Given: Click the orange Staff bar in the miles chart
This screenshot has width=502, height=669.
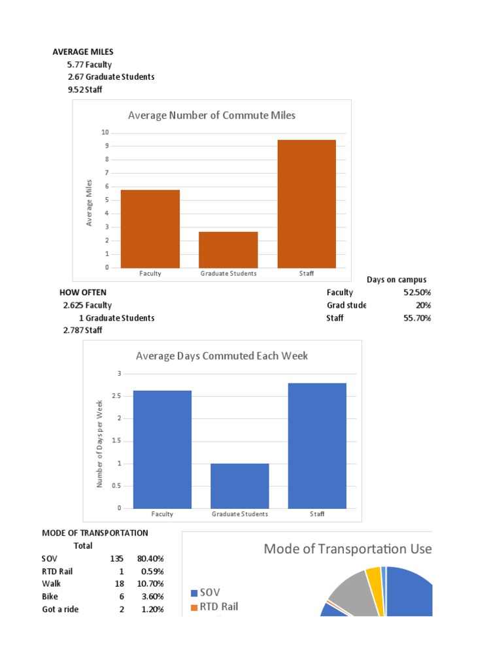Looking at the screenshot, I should pos(307,204).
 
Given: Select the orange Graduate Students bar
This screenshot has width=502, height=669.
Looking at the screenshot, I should pos(228,250).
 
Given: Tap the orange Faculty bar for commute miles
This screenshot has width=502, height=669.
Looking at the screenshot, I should pos(150,229).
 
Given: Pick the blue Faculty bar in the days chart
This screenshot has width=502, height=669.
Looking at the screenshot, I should pos(162,449).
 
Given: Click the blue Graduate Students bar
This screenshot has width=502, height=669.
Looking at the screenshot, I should pos(240,485).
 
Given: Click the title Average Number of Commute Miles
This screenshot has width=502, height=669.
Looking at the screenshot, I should pos(212,116).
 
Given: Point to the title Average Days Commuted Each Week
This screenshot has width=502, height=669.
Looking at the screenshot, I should pos(222,356).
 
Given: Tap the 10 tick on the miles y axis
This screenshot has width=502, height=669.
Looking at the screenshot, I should pos(105,133).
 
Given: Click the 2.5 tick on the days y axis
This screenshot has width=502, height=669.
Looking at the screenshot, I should pos(116,396).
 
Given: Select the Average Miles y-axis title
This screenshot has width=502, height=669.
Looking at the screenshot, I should pos(90,203).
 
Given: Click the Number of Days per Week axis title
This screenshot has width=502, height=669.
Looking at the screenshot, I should pos(100,444).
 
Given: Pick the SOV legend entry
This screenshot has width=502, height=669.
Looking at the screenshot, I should pos(205,592).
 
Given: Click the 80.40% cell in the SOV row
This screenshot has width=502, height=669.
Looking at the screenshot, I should pos(150,559).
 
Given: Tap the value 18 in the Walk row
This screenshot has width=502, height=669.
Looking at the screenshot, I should pos(119,583).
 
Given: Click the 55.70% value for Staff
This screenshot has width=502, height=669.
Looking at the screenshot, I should pos(416,318).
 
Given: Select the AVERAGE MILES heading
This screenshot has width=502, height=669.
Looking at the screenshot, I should pos(83,52).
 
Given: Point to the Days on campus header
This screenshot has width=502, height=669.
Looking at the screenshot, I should pos(396,280).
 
